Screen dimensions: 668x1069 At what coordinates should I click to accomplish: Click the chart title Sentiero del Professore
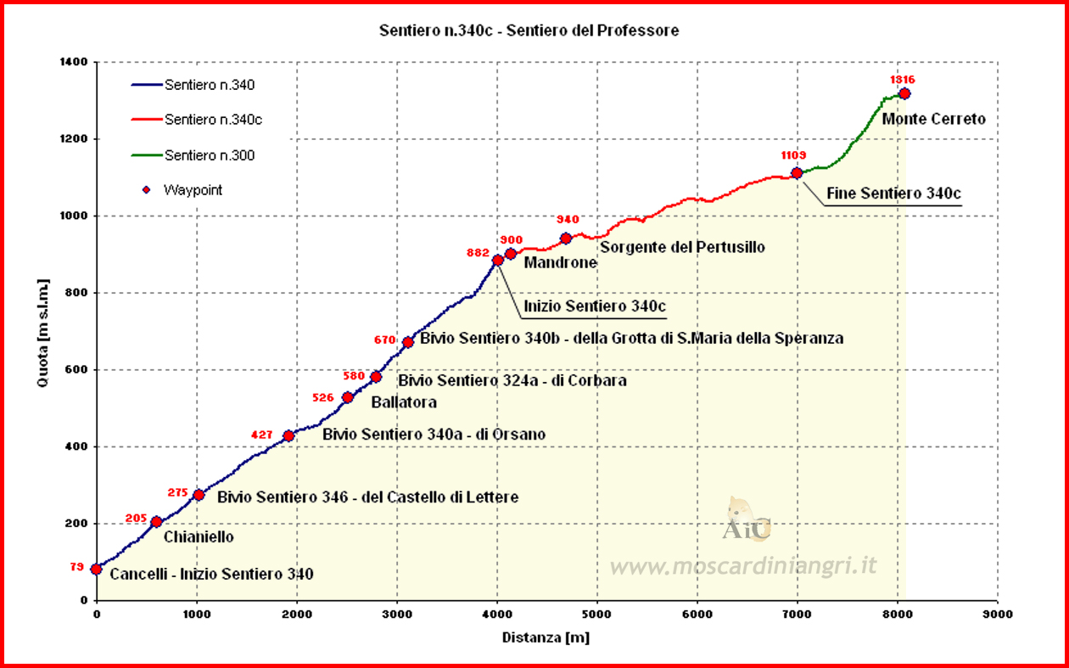(x=529, y=31)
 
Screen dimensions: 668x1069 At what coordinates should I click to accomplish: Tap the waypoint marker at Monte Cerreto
(x=904, y=93)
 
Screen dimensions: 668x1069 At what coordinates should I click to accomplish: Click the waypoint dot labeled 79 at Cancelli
(x=96, y=569)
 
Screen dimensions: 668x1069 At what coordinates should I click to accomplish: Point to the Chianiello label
(x=193, y=536)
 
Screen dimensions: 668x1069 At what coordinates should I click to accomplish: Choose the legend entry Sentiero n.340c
(x=213, y=120)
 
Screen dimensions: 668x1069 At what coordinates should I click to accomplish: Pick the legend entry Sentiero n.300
(x=210, y=155)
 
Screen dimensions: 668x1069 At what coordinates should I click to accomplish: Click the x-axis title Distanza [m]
(x=546, y=637)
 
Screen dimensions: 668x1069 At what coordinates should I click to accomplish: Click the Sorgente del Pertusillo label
(x=682, y=247)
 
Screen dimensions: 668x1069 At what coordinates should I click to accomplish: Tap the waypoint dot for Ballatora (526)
(x=347, y=397)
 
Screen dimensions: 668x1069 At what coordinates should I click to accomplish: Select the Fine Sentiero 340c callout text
(x=893, y=194)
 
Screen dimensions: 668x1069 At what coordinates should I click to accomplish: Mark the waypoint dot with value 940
(x=566, y=239)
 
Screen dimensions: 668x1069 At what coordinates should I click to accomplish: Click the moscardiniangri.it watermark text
(x=742, y=565)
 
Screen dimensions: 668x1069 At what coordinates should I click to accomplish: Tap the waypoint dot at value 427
(x=288, y=435)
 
